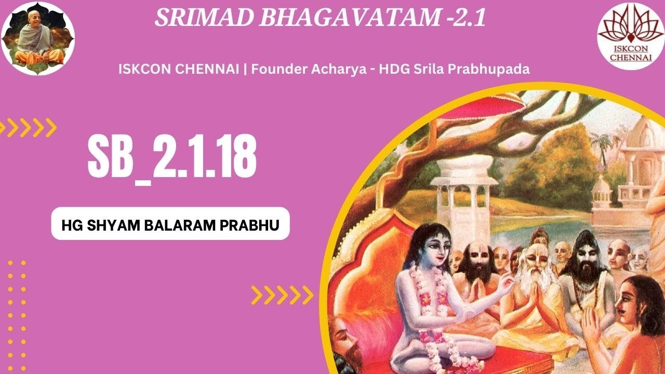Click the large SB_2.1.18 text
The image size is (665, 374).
(171, 154)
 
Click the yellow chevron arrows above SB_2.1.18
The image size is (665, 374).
(28, 127)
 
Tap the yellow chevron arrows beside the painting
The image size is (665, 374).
(282, 295)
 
